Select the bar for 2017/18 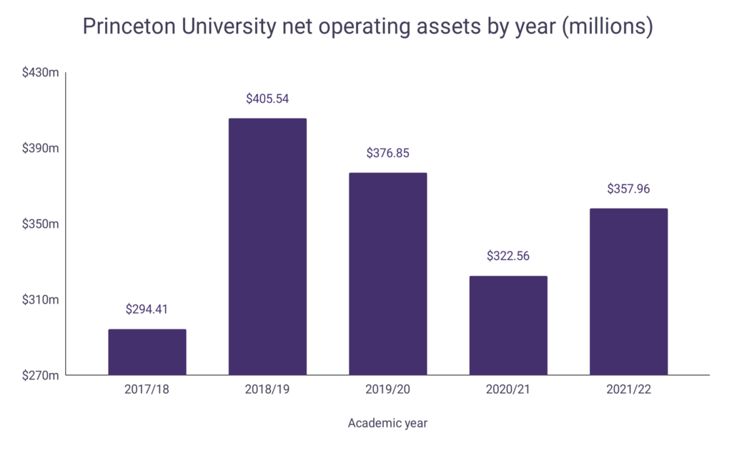click(147, 352)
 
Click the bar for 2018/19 click(267, 247)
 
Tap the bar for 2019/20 click(387, 274)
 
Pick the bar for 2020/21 click(508, 325)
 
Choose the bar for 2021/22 click(628, 292)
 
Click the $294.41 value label click(147, 309)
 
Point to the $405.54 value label click(267, 99)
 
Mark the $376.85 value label click(387, 153)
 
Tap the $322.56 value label click(508, 256)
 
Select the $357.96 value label click(628, 189)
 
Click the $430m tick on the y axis click(40, 73)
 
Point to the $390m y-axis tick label click(40, 149)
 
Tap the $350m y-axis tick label click(40, 224)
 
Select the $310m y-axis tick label click(40, 299)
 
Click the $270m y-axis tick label click(40, 375)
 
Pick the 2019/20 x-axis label click(387, 391)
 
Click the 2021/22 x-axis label click(628, 391)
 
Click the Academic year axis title click(387, 423)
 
